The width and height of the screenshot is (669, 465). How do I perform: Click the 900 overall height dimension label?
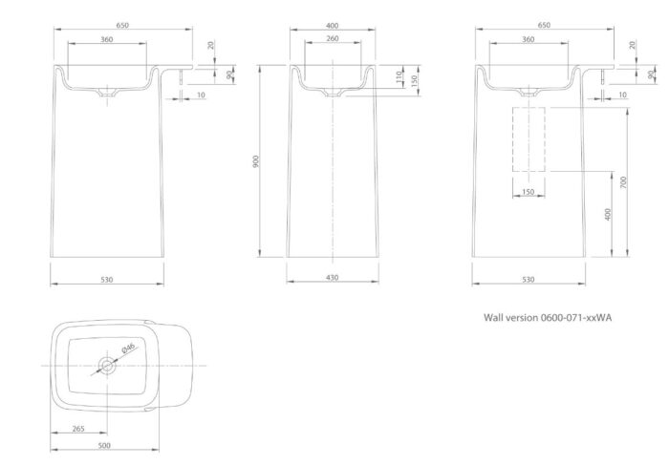pyautogui.click(x=255, y=161)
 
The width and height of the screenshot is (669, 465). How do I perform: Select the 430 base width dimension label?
pyautogui.click(x=332, y=278)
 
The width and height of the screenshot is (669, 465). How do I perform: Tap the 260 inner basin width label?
pyautogui.click(x=332, y=38)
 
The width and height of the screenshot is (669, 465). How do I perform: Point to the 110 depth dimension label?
pyautogui.click(x=399, y=77)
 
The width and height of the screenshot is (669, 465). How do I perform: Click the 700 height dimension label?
pyautogui.click(x=623, y=182)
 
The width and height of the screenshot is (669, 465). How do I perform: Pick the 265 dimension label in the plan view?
pyautogui.click(x=78, y=429)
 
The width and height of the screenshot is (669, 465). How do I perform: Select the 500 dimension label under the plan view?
pyautogui.click(x=104, y=445)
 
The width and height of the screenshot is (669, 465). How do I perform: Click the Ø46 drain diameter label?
pyautogui.click(x=128, y=348)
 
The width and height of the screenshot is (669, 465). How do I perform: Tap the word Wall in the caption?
pyautogui.click(x=493, y=318)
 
